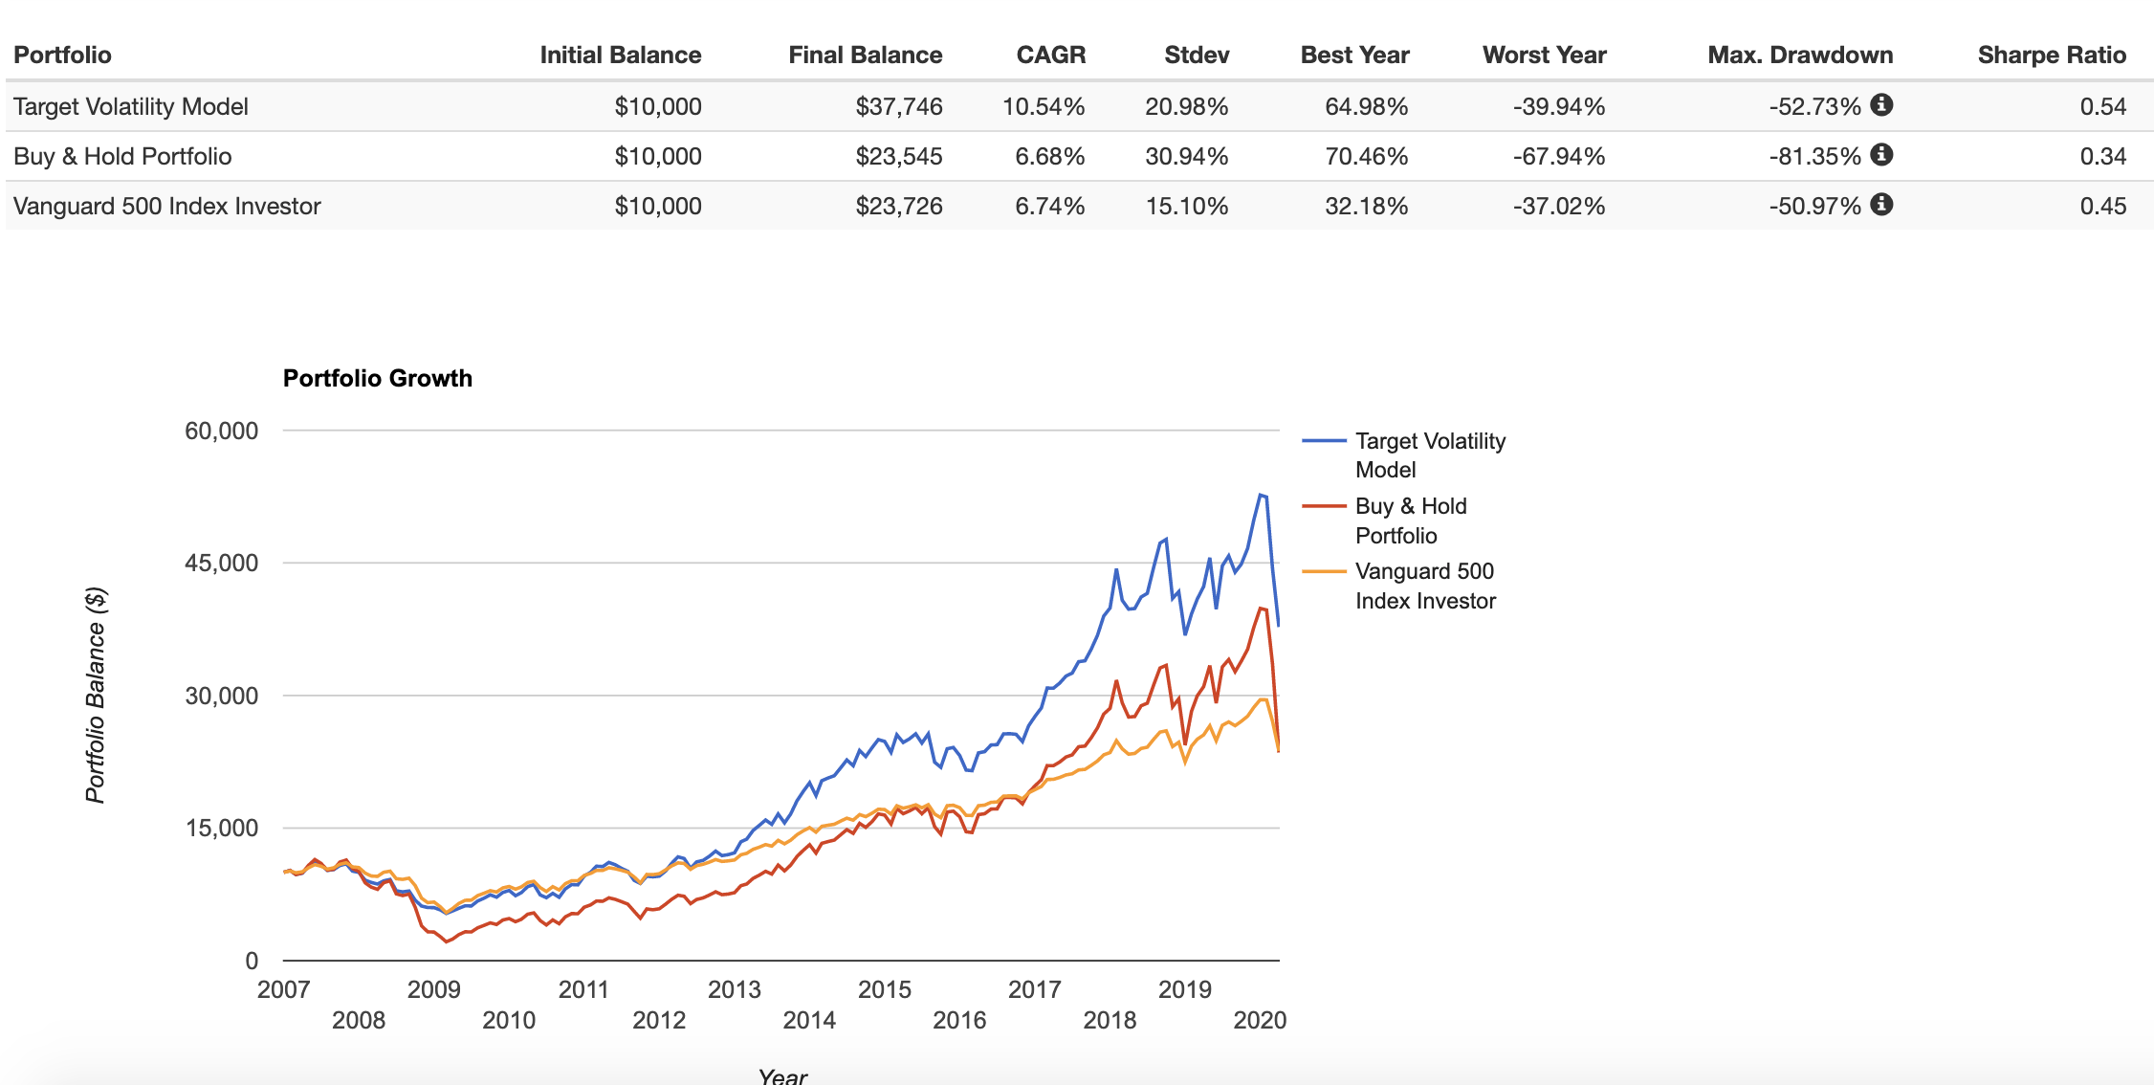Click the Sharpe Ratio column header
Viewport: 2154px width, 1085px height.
click(2051, 55)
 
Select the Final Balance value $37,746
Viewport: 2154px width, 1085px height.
click(898, 106)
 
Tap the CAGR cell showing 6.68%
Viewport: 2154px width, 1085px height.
click(1049, 156)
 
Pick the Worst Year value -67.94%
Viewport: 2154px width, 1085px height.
click(1558, 156)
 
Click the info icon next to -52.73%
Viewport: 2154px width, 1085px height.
click(1881, 104)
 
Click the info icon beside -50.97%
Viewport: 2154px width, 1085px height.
click(1881, 204)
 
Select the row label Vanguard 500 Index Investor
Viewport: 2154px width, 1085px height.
click(167, 206)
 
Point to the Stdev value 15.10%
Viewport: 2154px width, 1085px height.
click(1186, 206)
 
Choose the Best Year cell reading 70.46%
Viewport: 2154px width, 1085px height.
click(1366, 156)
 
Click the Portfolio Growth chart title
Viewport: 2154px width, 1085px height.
click(377, 378)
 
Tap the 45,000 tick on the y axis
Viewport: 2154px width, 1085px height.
click(221, 563)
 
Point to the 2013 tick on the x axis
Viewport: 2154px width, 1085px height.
click(734, 989)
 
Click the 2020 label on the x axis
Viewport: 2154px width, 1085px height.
click(1259, 1020)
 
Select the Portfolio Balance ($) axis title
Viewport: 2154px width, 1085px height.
click(95, 695)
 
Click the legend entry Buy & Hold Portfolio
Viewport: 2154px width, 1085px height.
click(1410, 520)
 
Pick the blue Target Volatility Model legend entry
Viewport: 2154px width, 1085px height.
click(1429, 454)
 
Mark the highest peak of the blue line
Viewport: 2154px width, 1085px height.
click(1261, 495)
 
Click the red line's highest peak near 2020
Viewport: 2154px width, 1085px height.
click(1262, 608)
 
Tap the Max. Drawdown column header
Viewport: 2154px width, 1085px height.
click(1799, 55)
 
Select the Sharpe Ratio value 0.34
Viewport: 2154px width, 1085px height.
click(2102, 156)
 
